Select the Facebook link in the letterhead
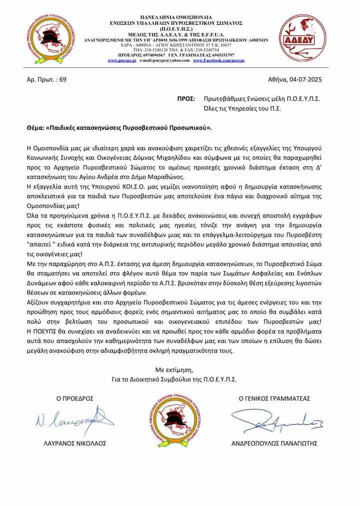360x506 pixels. coord(218,60)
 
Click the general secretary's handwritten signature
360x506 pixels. coord(274,423)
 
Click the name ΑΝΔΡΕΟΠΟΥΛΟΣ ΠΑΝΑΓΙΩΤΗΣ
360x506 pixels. coord(274,444)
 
